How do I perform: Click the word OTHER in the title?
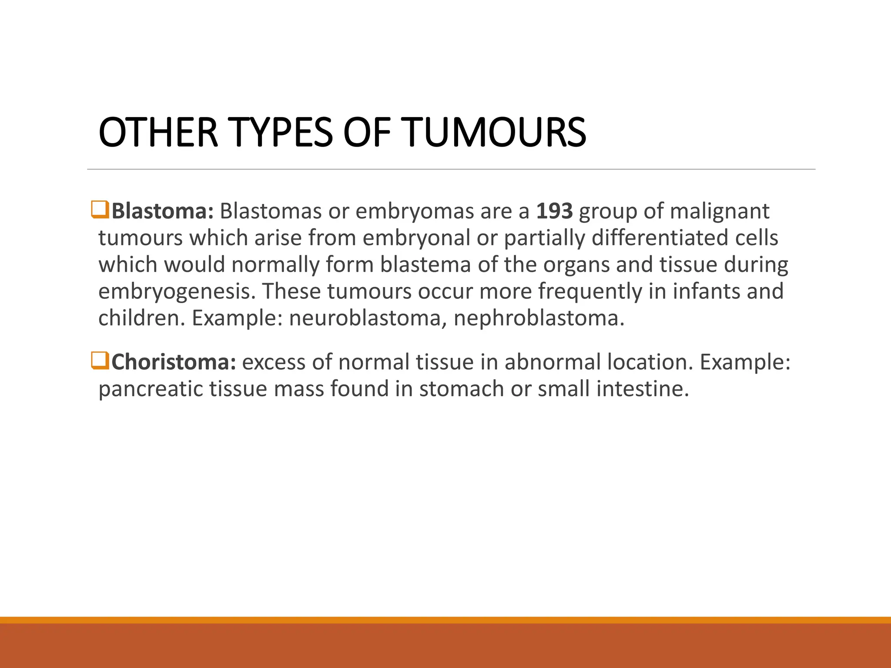tap(158, 132)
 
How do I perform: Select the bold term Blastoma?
tap(162, 211)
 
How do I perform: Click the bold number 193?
tap(554, 211)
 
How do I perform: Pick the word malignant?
tap(720, 211)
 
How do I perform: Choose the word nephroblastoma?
tap(539, 318)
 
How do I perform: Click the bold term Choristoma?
tap(174, 362)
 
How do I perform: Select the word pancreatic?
tap(151, 389)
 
